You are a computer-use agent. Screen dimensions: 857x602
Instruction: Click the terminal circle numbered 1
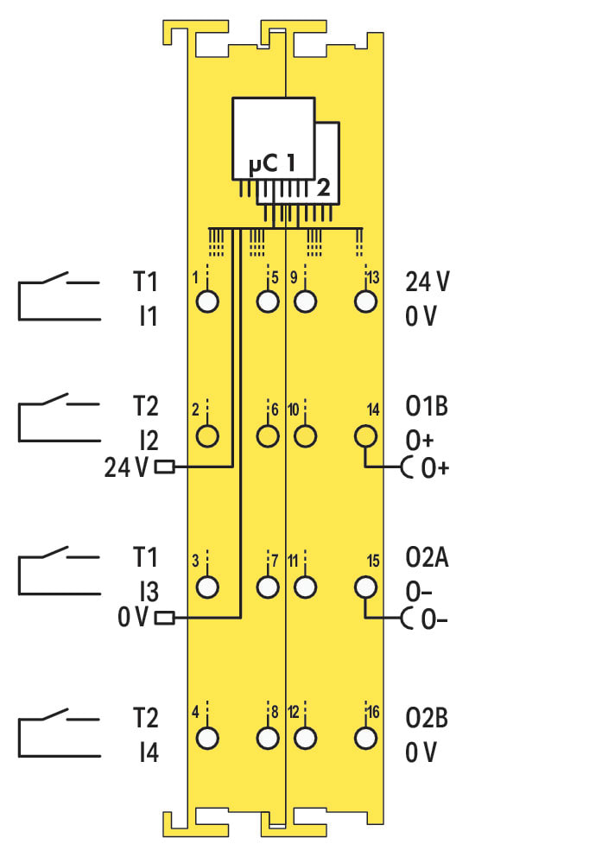(x=207, y=302)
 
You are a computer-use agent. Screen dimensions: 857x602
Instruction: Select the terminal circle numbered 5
(x=268, y=302)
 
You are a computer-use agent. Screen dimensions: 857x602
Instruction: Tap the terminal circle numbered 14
(x=366, y=435)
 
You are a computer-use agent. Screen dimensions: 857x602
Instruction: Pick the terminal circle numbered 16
(x=366, y=739)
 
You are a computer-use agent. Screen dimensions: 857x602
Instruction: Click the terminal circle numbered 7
(x=268, y=587)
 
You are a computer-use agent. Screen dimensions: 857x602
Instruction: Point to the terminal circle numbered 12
(x=304, y=739)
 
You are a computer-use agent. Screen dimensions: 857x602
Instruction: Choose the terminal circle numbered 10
(x=304, y=435)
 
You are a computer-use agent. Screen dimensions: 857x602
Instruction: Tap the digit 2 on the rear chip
(x=323, y=187)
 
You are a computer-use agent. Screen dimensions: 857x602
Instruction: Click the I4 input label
(x=149, y=753)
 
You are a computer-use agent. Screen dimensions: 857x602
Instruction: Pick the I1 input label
(x=149, y=317)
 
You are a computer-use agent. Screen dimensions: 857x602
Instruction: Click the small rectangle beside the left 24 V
(x=163, y=467)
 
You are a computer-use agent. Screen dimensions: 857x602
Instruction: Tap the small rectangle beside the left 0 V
(x=163, y=618)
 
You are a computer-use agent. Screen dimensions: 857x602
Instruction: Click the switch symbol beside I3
(x=57, y=569)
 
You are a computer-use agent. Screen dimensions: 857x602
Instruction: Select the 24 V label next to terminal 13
(x=428, y=282)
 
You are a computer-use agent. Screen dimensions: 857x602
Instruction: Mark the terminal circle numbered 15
(x=366, y=587)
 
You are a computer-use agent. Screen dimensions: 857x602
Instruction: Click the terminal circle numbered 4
(x=207, y=739)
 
